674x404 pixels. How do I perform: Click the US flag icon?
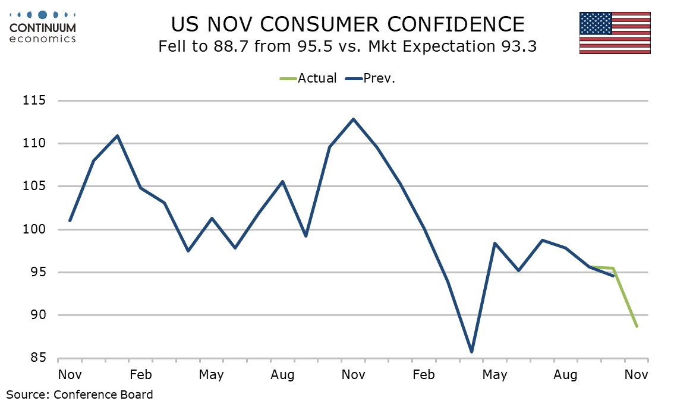(x=615, y=33)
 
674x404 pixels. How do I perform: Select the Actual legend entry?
(x=308, y=78)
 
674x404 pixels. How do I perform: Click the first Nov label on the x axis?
(x=70, y=375)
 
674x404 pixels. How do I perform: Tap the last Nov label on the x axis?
(x=636, y=375)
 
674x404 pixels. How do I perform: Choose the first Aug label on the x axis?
(x=282, y=375)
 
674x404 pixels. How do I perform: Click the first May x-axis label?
(x=211, y=375)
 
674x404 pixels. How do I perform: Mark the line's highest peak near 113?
(x=354, y=119)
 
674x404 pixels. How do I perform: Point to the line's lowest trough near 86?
(x=471, y=352)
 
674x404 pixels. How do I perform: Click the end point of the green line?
(x=637, y=326)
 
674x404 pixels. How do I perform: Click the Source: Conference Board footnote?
(x=80, y=394)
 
